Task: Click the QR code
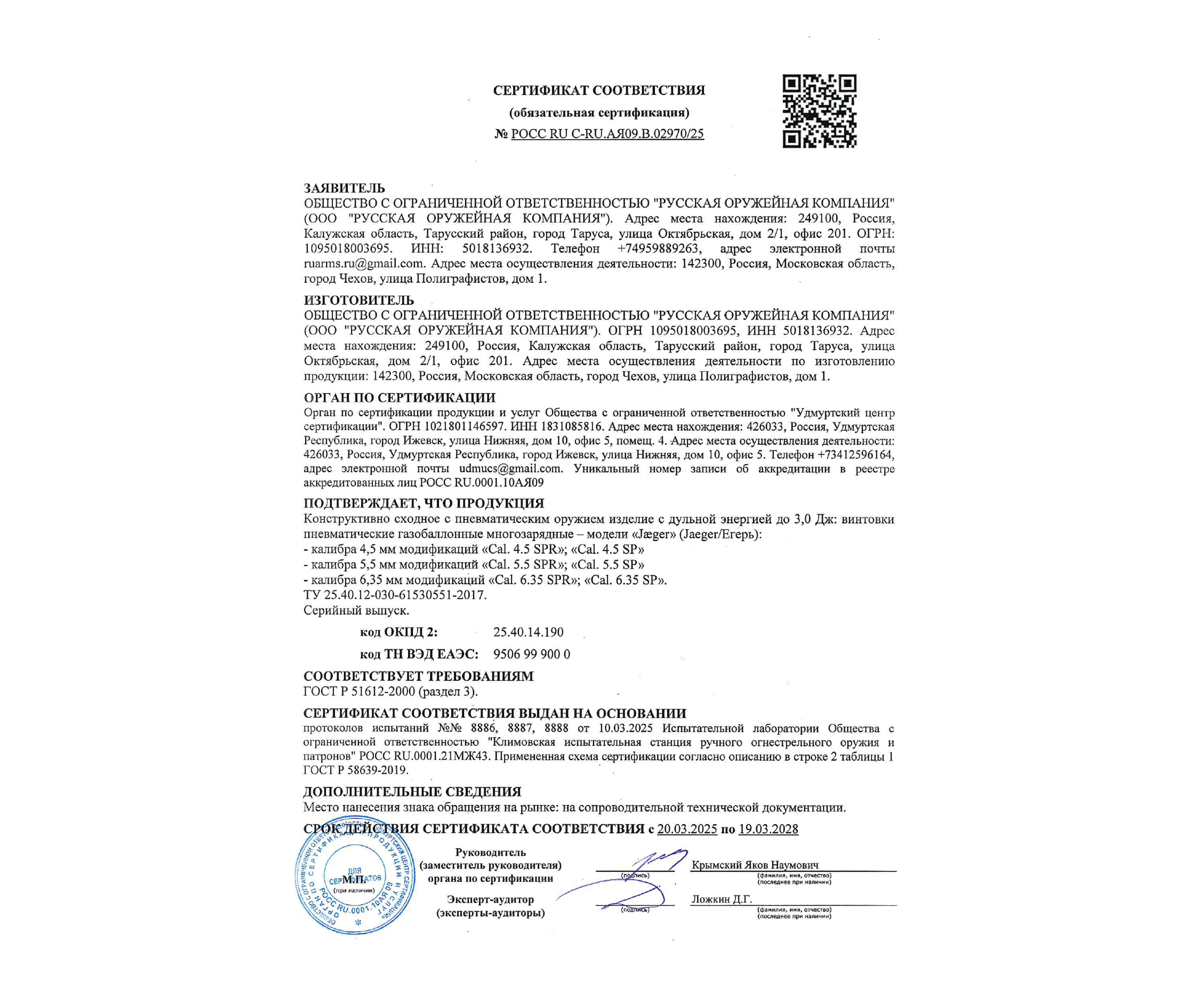(819, 112)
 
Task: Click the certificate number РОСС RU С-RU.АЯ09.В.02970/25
(607, 134)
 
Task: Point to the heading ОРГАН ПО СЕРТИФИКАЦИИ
(399, 398)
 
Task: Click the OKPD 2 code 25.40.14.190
(528, 632)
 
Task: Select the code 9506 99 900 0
(531, 654)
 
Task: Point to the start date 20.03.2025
(687, 829)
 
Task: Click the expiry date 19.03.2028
(768, 829)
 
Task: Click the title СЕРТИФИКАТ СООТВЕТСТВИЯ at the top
(599, 90)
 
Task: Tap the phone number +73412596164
(855, 455)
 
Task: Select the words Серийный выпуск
(356, 611)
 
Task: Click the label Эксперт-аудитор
(490, 900)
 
